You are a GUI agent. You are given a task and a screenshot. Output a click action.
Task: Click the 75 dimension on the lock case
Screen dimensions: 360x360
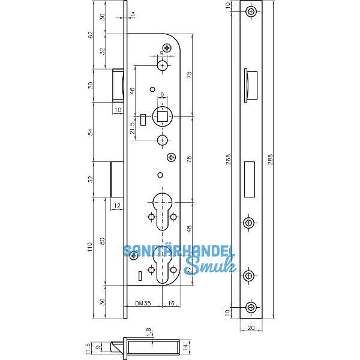[x=190, y=74]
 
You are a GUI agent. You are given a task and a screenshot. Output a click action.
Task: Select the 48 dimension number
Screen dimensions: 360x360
[x=190, y=229]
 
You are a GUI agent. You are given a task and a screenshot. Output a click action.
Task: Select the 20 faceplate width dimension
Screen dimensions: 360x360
[x=250, y=328]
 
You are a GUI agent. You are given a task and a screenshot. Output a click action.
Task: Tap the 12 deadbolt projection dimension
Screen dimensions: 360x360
[x=116, y=206]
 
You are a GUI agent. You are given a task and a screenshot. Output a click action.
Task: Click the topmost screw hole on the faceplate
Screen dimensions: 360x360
[x=250, y=11]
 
